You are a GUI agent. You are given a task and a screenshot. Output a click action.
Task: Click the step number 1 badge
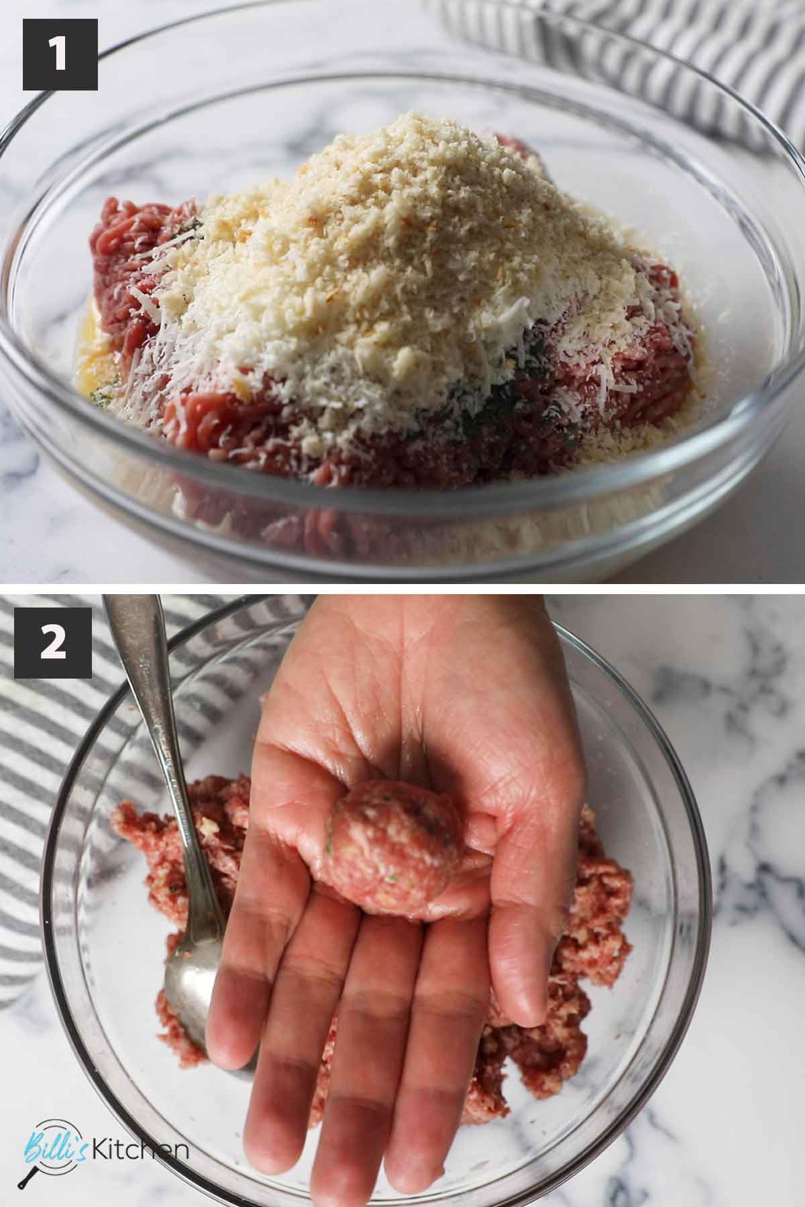tap(60, 54)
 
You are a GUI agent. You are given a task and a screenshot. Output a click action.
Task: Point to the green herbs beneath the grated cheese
tap(510, 389)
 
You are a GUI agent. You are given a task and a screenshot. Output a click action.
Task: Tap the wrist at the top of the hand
tap(429, 624)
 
